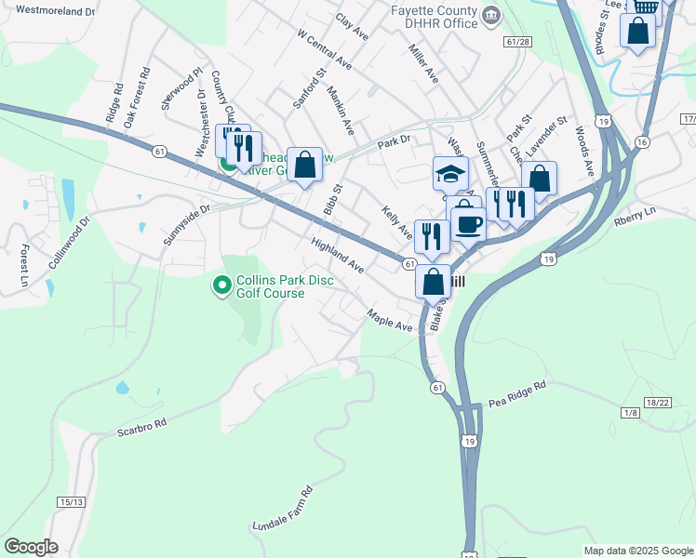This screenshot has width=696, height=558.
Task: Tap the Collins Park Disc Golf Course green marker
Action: [221, 285]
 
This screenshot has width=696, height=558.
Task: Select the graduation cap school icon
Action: [449, 174]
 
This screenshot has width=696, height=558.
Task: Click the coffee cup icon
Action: [468, 224]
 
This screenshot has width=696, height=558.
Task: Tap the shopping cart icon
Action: [643, 5]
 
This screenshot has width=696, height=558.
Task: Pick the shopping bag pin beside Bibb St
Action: [304, 165]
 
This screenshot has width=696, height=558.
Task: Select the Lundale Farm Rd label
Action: [283, 510]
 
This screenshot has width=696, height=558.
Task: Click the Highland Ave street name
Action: [337, 254]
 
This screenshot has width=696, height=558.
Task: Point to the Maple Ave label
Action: [390, 321]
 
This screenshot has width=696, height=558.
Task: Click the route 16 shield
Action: [642, 140]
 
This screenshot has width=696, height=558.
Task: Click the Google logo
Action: [31, 547]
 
